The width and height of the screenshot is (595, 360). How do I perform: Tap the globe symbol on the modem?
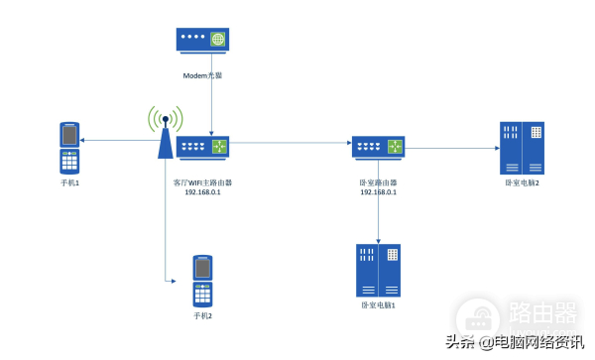click(x=215, y=40)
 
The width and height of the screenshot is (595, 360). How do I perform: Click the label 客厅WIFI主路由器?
click(x=202, y=182)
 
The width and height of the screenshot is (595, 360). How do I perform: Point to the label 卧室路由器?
click(x=377, y=182)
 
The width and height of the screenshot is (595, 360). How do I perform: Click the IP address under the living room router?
click(x=202, y=192)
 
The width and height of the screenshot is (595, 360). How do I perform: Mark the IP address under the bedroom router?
click(x=377, y=192)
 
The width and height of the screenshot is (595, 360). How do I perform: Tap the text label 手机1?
click(x=68, y=182)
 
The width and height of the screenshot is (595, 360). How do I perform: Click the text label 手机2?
click(x=202, y=315)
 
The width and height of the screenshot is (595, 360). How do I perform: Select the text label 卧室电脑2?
click(x=523, y=182)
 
